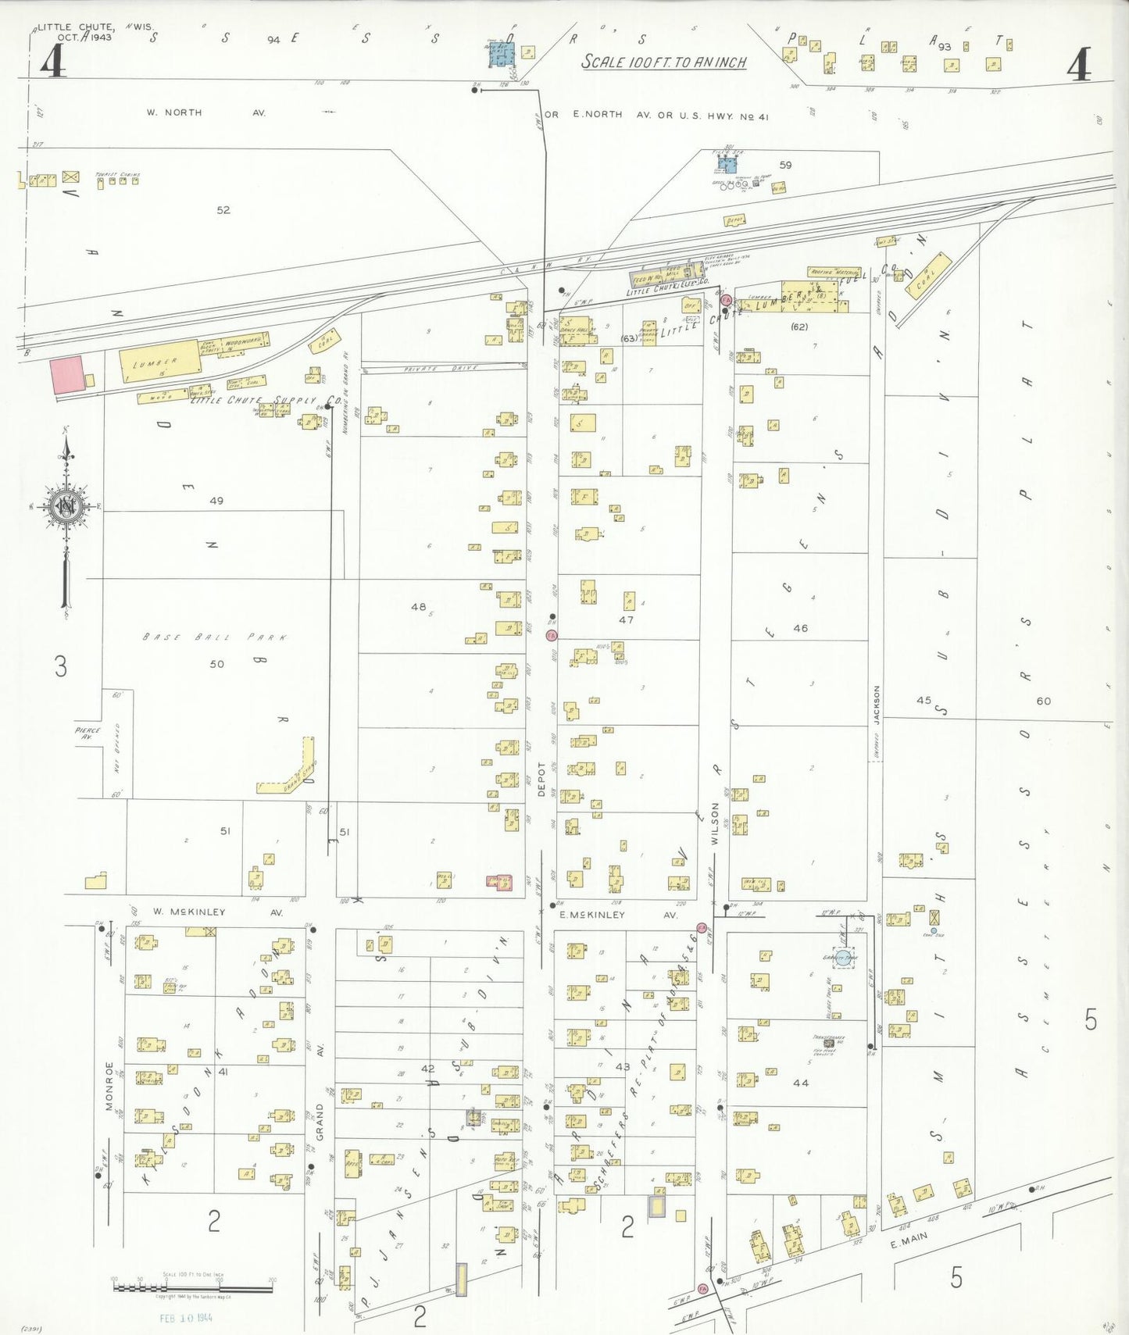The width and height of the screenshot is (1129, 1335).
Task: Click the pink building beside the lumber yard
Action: (x=66, y=375)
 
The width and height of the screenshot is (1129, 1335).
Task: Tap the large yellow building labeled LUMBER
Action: (x=159, y=360)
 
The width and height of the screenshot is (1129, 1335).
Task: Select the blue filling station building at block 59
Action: (x=727, y=164)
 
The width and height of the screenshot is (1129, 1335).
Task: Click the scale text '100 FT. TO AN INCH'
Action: (x=663, y=62)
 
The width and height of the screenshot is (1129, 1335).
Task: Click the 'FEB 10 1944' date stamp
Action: (x=186, y=1318)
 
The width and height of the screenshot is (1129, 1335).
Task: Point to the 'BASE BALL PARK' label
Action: (x=215, y=637)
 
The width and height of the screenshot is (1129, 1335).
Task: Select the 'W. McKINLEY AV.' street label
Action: (x=217, y=912)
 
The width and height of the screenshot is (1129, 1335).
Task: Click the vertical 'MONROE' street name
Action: (x=109, y=1086)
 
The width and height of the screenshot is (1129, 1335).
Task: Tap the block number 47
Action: (x=626, y=619)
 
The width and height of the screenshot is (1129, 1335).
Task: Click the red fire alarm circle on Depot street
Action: (x=552, y=636)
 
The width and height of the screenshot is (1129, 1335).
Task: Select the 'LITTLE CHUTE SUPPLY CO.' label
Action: (x=266, y=401)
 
